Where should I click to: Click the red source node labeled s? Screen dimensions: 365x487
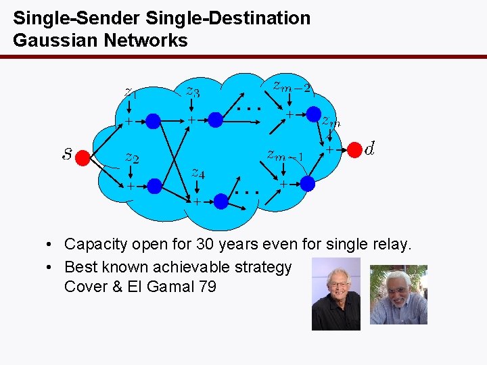83,158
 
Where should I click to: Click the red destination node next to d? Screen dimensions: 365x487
354,149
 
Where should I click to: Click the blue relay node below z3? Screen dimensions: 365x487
215,120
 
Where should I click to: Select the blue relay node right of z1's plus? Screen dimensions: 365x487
154,121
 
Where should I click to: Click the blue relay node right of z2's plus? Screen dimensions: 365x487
155,185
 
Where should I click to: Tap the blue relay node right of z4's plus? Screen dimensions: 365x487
221,200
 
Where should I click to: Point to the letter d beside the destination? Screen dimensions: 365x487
370,147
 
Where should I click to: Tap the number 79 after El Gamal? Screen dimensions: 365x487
208,287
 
